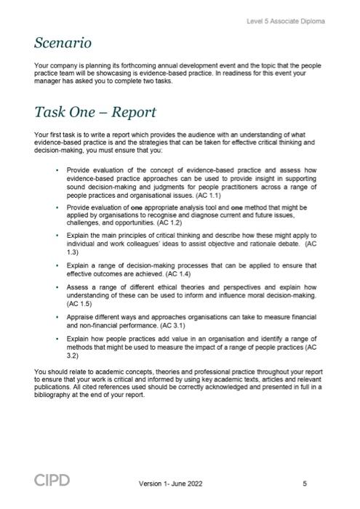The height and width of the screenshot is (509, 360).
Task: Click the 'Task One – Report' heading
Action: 95,113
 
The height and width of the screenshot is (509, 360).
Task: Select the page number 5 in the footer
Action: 304,483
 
